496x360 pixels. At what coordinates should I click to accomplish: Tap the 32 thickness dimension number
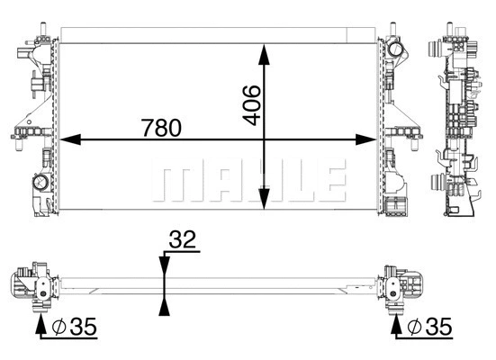pos(183,239)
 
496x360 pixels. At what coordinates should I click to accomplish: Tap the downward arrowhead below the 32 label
pos(163,264)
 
